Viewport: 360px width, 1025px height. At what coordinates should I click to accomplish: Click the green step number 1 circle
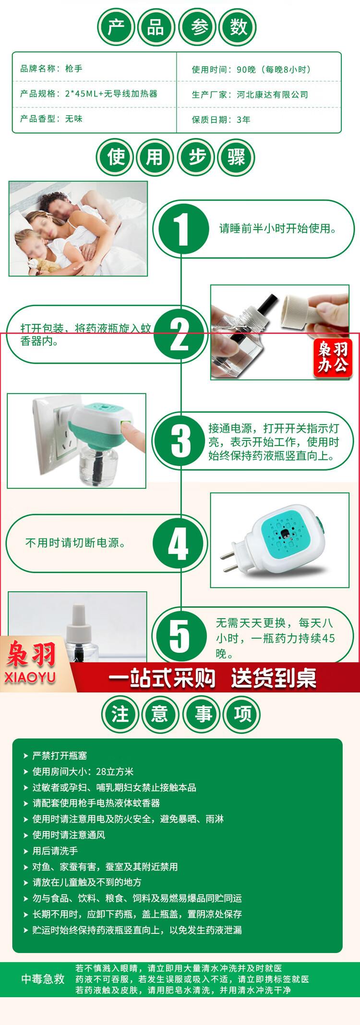click(x=181, y=229)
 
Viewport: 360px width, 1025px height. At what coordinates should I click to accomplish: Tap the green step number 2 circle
click(x=180, y=334)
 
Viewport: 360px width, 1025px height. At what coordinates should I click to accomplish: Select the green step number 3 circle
click(x=181, y=441)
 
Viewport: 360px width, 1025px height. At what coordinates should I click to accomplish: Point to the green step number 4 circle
click(x=179, y=544)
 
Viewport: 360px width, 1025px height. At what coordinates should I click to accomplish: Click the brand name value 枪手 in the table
click(x=74, y=69)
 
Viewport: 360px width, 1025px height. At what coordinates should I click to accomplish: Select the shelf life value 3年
click(x=243, y=119)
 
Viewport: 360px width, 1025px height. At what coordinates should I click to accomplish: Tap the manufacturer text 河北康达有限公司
click(x=272, y=95)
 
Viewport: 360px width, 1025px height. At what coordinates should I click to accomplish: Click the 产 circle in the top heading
click(x=116, y=27)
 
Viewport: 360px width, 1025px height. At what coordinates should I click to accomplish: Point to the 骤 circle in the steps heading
click(x=236, y=157)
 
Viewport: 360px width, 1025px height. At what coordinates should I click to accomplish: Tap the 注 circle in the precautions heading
click(x=120, y=714)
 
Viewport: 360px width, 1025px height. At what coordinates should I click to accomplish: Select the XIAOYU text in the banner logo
click(x=30, y=677)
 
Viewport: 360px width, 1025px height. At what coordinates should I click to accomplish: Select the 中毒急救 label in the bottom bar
click(x=43, y=979)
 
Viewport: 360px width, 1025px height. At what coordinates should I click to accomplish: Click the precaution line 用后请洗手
click(x=55, y=851)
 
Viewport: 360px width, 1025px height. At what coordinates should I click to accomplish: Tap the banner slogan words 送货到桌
click(x=274, y=678)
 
